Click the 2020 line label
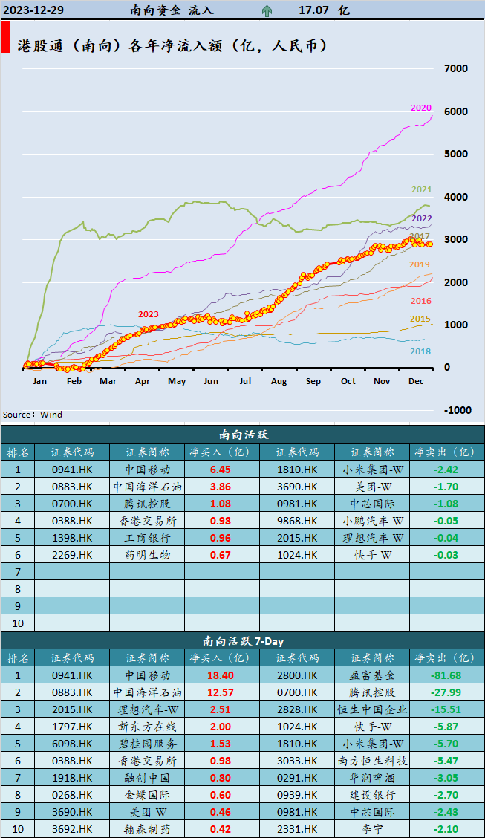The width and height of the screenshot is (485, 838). pos(420,108)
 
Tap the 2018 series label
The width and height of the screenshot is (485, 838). pos(420,351)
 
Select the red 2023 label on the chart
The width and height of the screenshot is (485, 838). pos(148,314)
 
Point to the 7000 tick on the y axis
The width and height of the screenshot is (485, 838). pos(455,68)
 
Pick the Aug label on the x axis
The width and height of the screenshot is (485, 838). pos(279,381)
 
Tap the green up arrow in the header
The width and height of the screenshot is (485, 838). pos(267,10)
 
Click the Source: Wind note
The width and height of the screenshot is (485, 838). pos(33,415)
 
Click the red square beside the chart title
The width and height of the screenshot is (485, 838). pos(5,37)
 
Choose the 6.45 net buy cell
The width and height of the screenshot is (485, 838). pos(221,470)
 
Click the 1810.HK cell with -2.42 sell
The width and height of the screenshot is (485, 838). pos(296,470)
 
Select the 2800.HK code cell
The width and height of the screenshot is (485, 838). pos(296,675)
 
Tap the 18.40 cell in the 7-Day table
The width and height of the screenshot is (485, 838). pos(221,675)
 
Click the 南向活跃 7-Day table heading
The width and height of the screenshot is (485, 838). pos(242,640)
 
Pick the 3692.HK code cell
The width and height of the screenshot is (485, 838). pos(72,829)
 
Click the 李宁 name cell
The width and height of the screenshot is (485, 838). pos(372,829)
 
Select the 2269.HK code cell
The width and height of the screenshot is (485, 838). pos(72,555)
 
